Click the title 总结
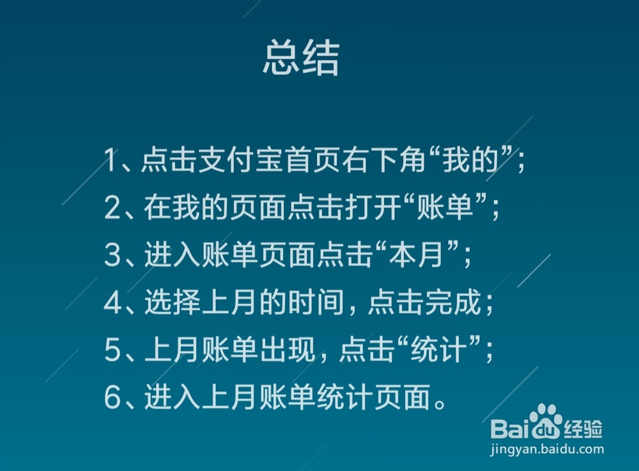[x=300, y=59]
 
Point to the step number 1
[x=112, y=161]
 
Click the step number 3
[x=112, y=256]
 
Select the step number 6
[x=112, y=399]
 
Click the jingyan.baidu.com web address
[x=546, y=450]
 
